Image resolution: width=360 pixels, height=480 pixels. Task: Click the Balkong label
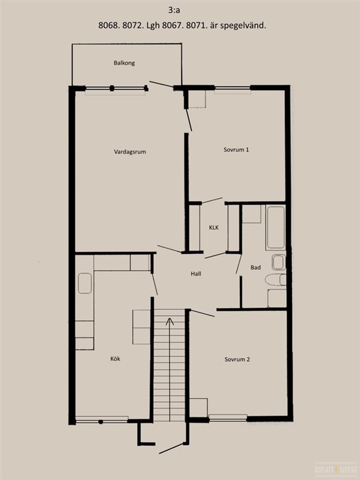124,63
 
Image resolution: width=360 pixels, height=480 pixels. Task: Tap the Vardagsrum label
130,152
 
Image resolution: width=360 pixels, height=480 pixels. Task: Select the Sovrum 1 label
236,149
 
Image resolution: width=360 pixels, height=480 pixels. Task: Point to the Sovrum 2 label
237,359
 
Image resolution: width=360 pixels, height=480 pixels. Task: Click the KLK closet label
214,228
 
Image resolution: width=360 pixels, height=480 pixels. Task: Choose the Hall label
196,274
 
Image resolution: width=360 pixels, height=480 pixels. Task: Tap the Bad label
256,268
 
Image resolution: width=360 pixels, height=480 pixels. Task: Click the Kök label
115,359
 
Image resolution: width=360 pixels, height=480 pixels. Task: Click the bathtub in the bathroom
275,227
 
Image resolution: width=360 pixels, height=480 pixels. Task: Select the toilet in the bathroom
275,280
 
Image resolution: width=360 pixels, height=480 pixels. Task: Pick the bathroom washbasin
278,262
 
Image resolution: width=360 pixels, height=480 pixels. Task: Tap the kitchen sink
85,283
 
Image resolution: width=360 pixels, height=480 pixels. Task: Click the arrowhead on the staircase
169,322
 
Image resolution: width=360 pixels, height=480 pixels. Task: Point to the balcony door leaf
161,84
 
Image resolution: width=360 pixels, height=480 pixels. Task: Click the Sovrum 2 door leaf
202,313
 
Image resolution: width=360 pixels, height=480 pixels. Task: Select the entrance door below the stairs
171,448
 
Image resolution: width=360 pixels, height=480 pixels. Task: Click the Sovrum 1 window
232,88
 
